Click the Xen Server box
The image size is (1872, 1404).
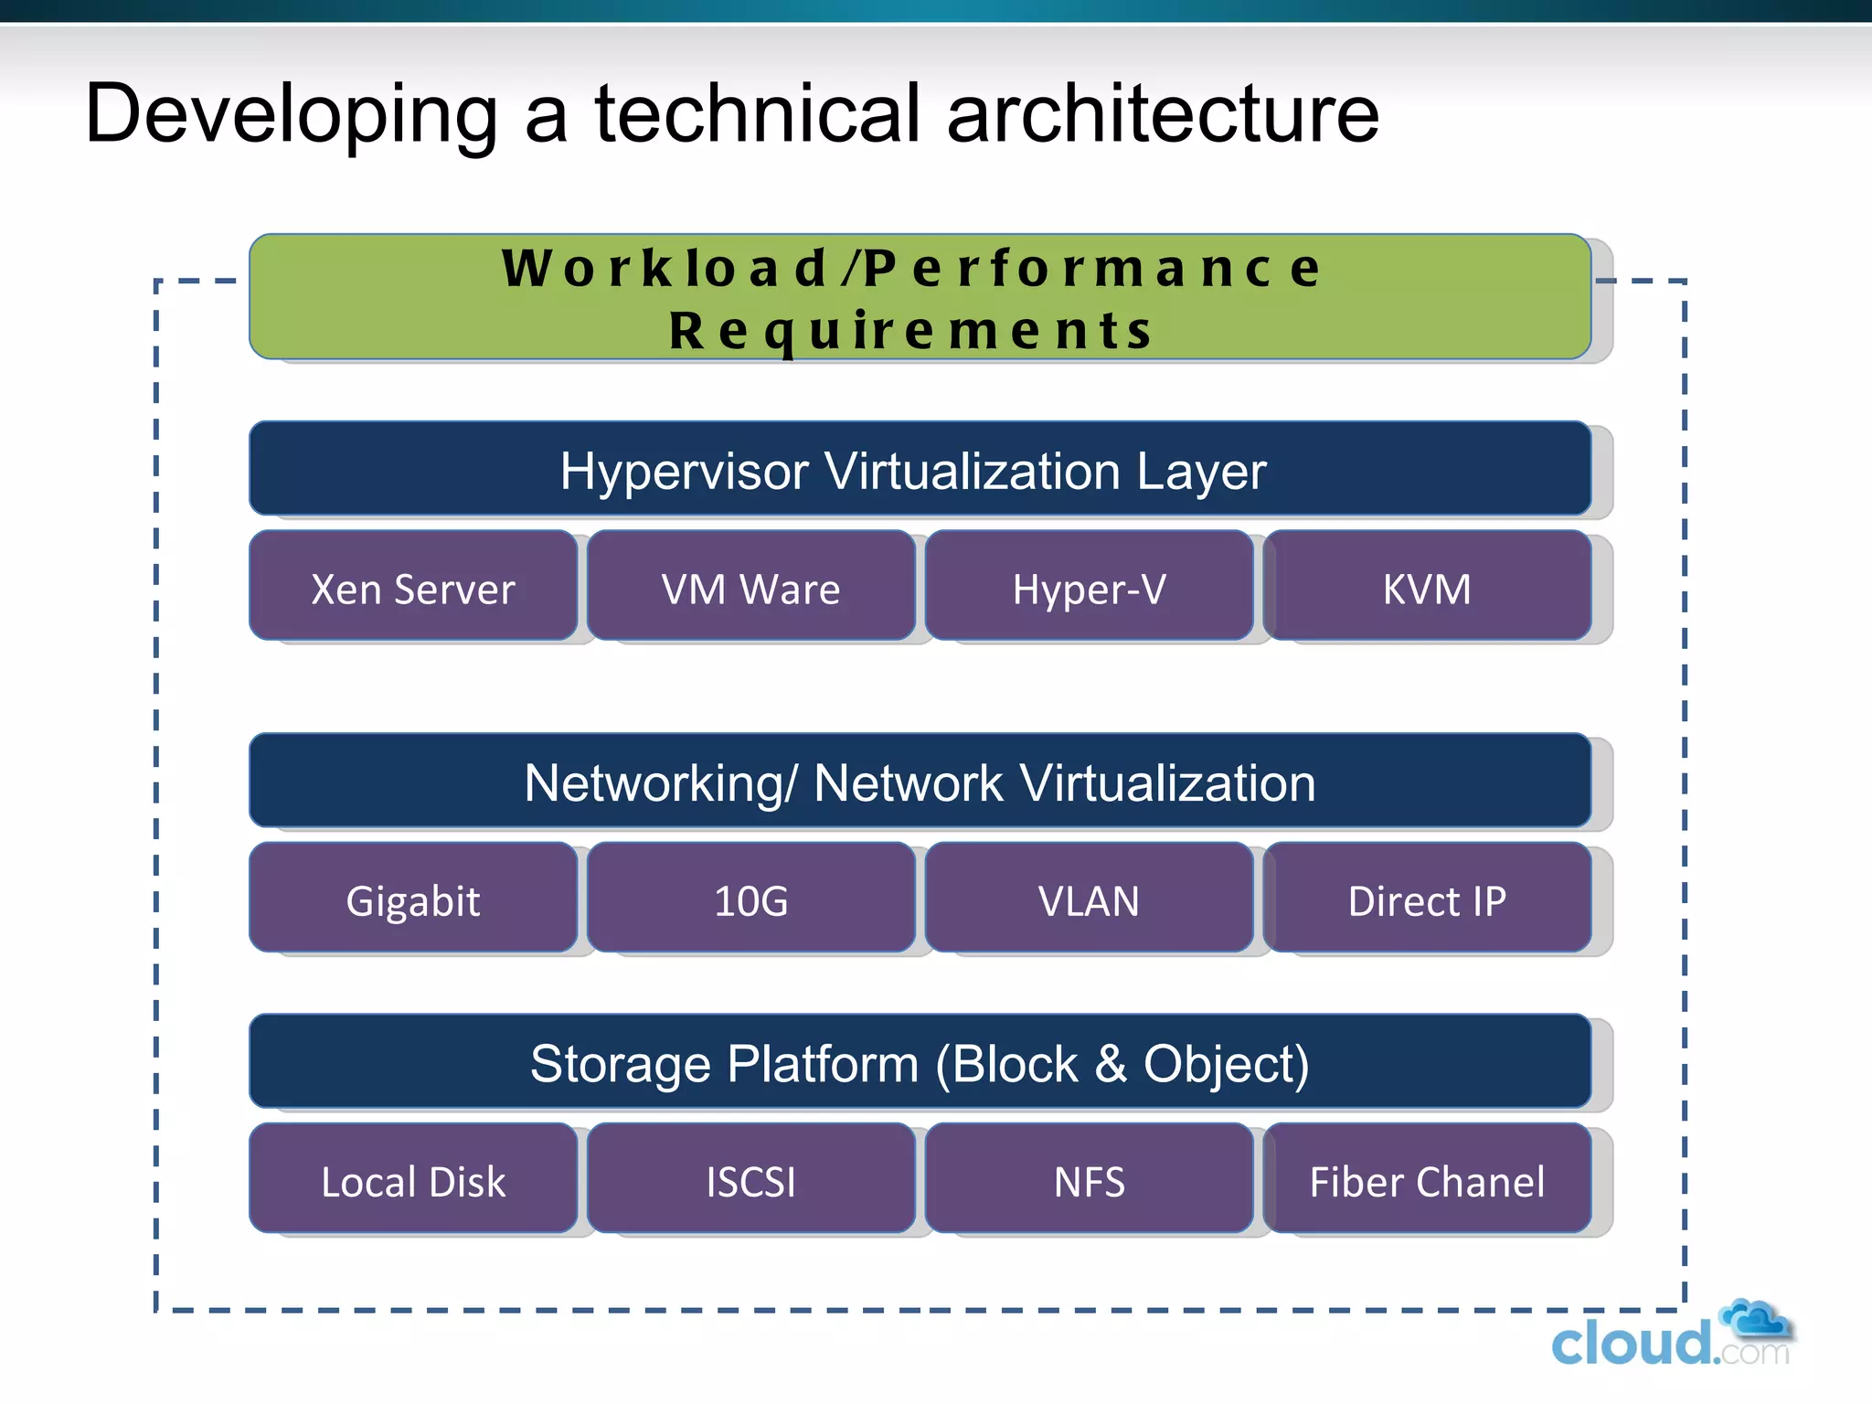click(413, 587)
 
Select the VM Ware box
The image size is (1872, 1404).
click(750, 587)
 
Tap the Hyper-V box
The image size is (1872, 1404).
click(1089, 587)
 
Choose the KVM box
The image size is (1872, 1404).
click(1427, 587)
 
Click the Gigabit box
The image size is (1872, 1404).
click(413, 899)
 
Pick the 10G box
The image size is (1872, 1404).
click(750, 899)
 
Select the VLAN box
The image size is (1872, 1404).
click(1089, 899)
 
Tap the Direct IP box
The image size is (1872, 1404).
click(1427, 899)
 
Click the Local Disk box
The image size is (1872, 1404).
click(413, 1180)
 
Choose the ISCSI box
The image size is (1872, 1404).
click(750, 1180)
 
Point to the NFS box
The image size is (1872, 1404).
click(1089, 1180)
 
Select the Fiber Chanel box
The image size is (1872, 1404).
click(1427, 1180)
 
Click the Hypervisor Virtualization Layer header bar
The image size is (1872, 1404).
click(920, 470)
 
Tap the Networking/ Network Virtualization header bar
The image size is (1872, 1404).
click(920, 782)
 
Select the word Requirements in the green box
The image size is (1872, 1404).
click(910, 331)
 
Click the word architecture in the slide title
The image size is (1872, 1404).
click(1163, 113)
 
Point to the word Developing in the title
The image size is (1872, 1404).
click(292, 115)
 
